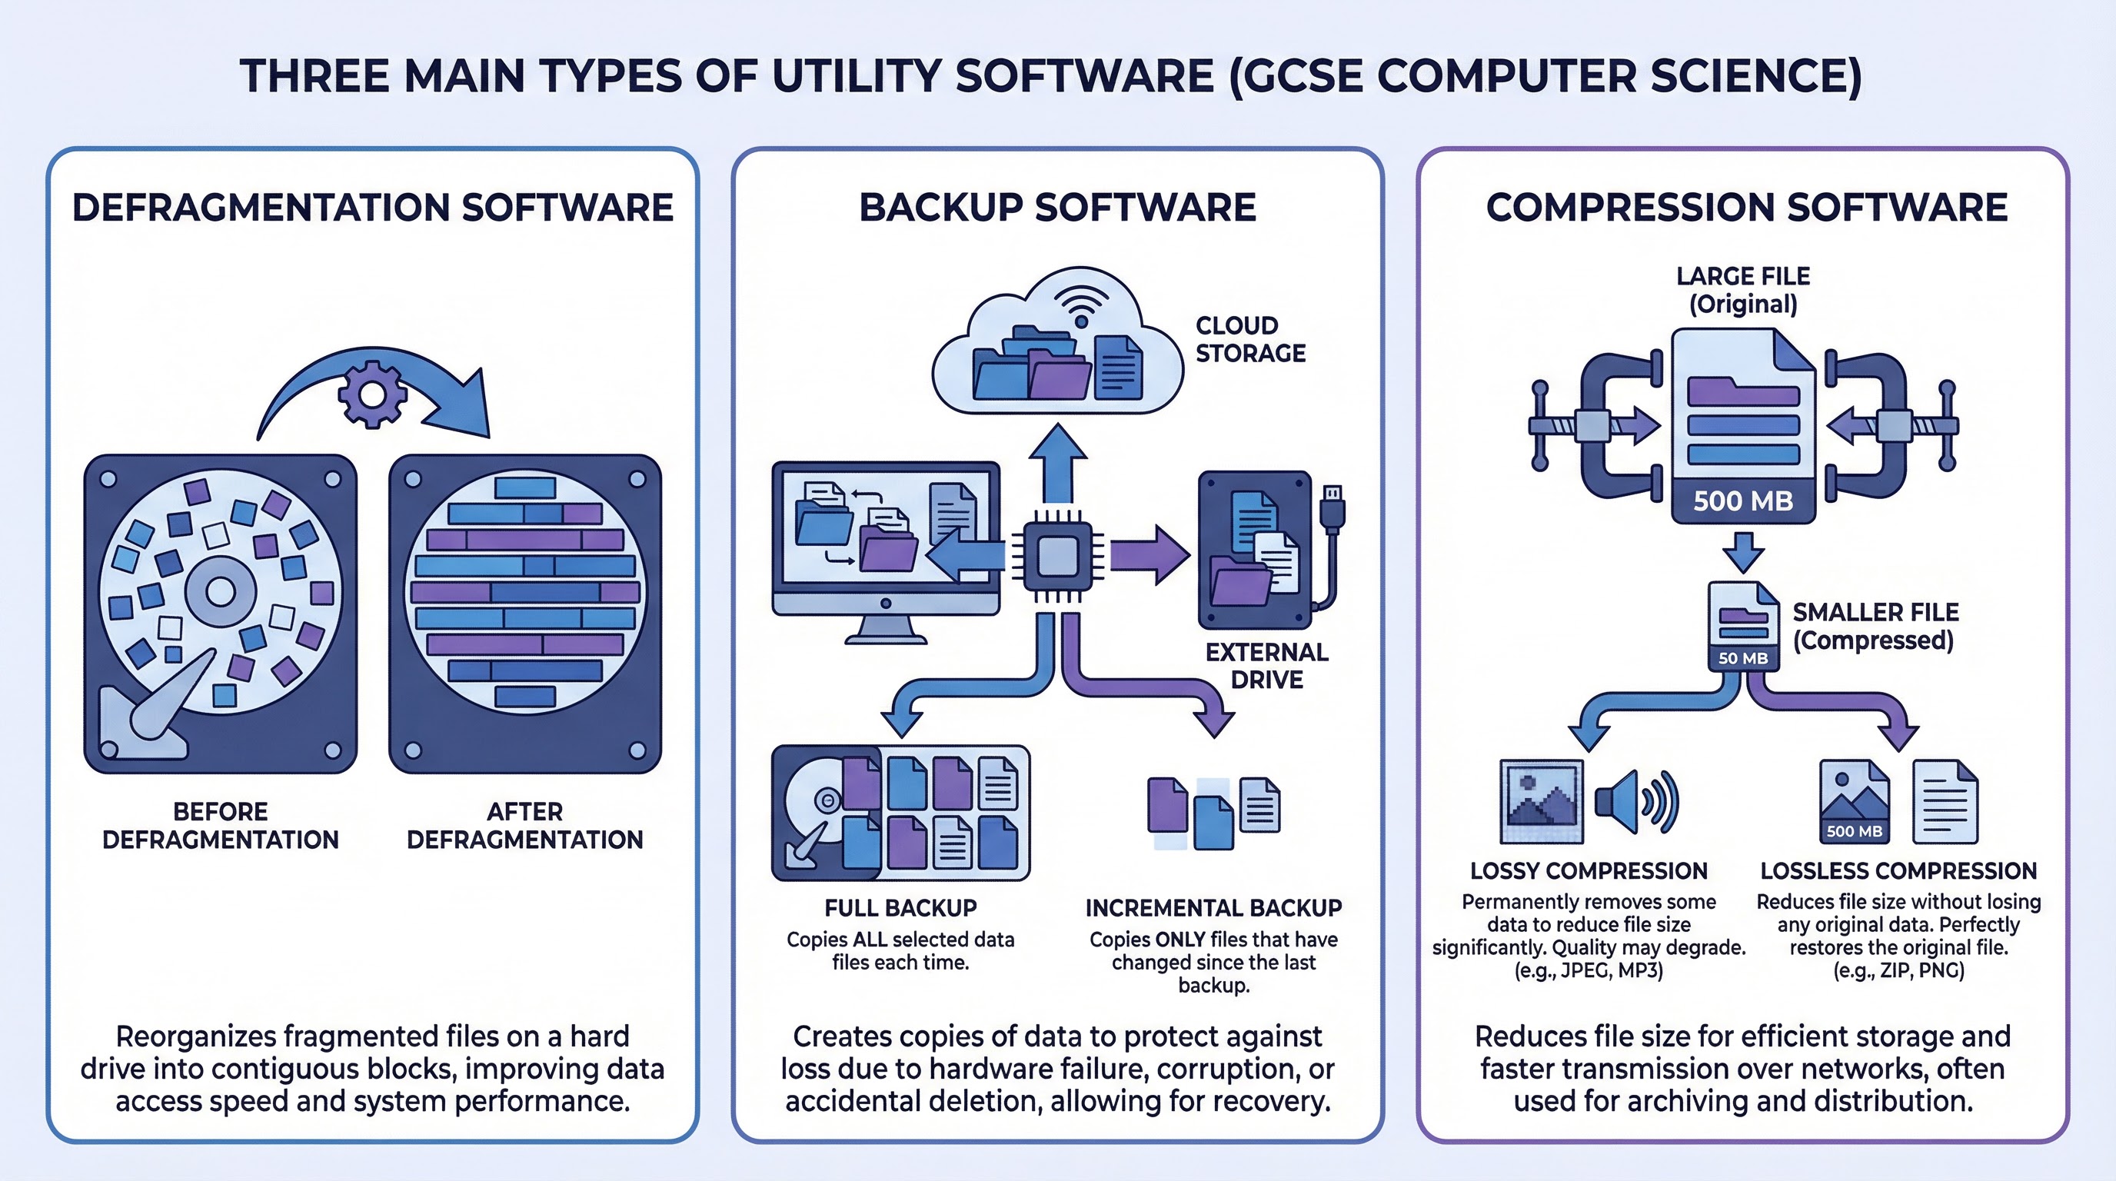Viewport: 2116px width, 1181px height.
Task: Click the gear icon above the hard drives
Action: coord(372,395)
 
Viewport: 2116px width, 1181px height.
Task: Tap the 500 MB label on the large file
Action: coord(1743,501)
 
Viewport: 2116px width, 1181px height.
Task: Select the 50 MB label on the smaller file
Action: coord(1743,658)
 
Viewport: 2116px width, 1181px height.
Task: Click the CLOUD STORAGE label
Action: coord(1249,339)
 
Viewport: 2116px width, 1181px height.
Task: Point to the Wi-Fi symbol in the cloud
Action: coord(1081,308)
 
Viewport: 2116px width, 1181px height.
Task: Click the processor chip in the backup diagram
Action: coord(1057,557)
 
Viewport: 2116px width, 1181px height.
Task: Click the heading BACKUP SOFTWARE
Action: coord(1057,207)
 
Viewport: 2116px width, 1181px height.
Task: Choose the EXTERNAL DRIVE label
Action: coord(1266,665)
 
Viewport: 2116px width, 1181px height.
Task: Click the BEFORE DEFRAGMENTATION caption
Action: coord(220,825)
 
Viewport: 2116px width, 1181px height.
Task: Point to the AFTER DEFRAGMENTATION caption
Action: coord(524,825)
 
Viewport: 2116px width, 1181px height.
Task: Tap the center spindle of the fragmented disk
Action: coord(220,591)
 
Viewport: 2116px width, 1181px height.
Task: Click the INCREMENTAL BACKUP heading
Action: coord(1213,907)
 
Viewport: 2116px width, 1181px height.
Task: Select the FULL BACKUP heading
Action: coord(900,907)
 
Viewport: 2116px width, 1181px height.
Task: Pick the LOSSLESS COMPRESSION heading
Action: coord(1898,870)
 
